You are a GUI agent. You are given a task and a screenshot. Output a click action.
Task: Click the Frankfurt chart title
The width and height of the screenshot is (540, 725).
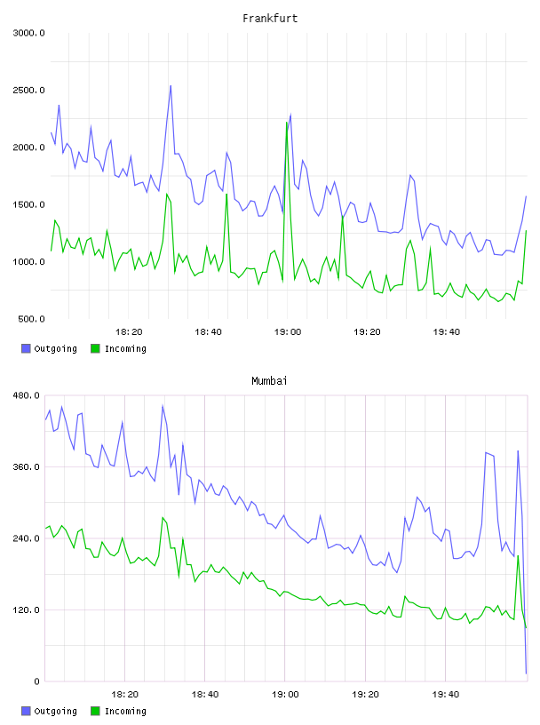[270, 19]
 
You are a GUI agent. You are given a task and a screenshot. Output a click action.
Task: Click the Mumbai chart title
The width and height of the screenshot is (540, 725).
[269, 381]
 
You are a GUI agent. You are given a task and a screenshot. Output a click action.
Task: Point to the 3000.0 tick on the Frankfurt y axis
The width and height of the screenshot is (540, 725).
[28, 33]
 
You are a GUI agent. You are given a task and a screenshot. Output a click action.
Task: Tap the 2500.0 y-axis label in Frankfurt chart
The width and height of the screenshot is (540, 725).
[28, 90]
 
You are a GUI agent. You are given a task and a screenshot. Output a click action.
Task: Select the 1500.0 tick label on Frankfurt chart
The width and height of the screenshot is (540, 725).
[28, 205]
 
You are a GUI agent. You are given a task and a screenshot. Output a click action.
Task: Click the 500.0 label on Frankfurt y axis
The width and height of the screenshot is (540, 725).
[31, 319]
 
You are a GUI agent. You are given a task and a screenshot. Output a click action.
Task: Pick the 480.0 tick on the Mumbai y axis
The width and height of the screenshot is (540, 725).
[27, 395]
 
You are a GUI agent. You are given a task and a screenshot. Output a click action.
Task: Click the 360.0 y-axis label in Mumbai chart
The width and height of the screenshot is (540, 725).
[27, 467]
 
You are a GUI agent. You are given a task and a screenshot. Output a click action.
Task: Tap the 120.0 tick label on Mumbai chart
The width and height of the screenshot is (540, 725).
[27, 609]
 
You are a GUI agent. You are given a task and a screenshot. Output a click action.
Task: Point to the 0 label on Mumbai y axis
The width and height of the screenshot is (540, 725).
[37, 681]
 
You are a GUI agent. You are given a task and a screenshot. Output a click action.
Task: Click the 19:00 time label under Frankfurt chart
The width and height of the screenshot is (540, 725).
[288, 332]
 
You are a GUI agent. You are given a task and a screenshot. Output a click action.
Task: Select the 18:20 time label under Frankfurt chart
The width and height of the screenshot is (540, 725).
[129, 332]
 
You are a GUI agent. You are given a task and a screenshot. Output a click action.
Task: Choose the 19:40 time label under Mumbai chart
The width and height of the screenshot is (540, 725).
[446, 695]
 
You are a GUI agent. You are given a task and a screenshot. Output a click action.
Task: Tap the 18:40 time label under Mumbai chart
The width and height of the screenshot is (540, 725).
[205, 695]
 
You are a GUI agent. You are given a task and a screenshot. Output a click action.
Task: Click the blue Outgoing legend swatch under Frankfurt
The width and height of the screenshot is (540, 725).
[26, 348]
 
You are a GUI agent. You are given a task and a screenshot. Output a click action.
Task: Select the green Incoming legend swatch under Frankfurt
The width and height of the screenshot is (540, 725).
[95, 348]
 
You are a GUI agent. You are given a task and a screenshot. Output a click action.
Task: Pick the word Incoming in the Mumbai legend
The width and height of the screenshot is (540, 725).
[125, 711]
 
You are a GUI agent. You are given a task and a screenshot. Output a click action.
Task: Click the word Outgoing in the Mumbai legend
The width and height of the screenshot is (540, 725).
[55, 711]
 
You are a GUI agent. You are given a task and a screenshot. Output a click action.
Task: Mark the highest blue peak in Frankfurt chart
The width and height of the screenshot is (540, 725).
[171, 85]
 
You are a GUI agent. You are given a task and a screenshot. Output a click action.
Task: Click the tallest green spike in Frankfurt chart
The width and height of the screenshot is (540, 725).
[287, 123]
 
